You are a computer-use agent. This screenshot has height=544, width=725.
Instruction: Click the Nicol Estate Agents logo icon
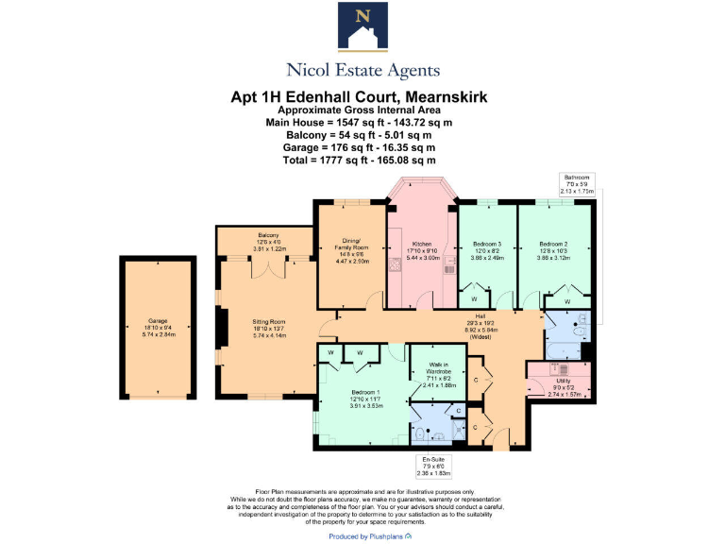pyautogui.click(x=362, y=28)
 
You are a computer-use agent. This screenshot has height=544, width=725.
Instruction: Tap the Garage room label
pyautogui.click(x=151, y=327)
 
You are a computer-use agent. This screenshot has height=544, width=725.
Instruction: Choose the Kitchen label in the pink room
pyautogui.click(x=421, y=248)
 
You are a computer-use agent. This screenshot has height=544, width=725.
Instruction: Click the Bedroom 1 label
pyautogui.click(x=364, y=398)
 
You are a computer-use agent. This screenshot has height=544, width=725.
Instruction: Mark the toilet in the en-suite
pyautogui.click(x=420, y=433)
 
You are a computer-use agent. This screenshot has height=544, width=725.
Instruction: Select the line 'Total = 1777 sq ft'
pyautogui.click(x=362, y=160)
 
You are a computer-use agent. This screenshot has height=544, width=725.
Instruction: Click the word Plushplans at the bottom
pyautogui.click(x=383, y=536)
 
